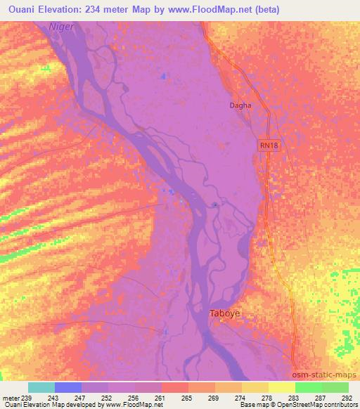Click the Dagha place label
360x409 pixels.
click(240, 105)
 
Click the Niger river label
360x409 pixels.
click(61, 27)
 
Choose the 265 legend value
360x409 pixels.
click(186, 397)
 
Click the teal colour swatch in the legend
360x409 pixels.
click(41, 387)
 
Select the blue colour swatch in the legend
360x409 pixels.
click(68, 387)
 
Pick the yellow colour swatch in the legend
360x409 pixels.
click(281, 387)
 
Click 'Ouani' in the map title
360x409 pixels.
click(18, 8)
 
